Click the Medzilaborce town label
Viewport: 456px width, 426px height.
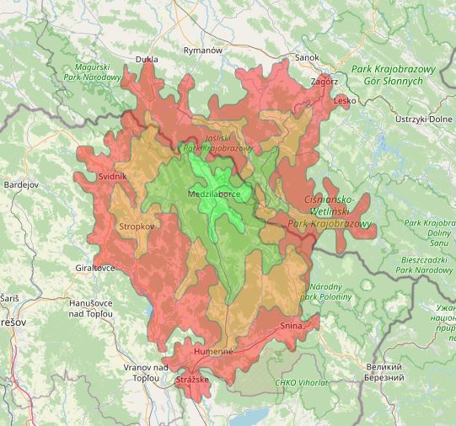pyautogui.click(x=215, y=194)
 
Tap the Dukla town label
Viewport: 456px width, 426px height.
pyautogui.click(x=147, y=60)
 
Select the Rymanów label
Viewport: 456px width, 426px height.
pyautogui.click(x=203, y=51)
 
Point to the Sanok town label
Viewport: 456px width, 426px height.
pyautogui.click(x=307, y=57)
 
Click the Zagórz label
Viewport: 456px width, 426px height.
pyautogui.click(x=325, y=82)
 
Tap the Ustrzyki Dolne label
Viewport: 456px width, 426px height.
pyautogui.click(x=423, y=120)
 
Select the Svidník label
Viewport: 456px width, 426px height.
pyautogui.click(x=113, y=176)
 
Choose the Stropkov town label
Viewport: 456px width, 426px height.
pyautogui.click(x=137, y=226)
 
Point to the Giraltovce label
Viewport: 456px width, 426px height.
pyautogui.click(x=94, y=269)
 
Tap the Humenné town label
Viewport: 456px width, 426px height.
pyautogui.click(x=212, y=351)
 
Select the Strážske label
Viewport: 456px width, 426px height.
pyautogui.click(x=192, y=381)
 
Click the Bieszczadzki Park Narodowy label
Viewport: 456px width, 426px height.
pyautogui.click(x=427, y=266)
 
